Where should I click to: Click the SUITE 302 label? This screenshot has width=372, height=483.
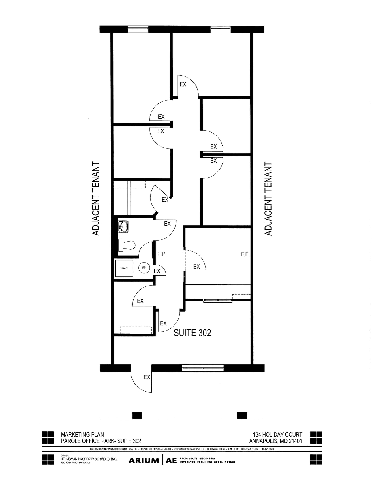192,333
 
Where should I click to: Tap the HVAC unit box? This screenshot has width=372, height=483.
124,268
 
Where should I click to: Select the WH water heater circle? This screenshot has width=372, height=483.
144,267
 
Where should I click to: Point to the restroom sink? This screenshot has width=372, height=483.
123,227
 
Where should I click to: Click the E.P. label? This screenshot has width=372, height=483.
162,254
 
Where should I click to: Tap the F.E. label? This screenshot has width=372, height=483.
245,254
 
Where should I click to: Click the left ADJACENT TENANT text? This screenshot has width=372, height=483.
96,199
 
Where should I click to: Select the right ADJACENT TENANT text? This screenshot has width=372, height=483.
268,199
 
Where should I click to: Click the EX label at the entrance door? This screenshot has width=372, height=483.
147,377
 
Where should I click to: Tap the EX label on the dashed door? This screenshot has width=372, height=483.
196,267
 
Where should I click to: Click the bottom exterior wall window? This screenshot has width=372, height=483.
203,368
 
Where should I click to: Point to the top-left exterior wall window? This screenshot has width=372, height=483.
138,29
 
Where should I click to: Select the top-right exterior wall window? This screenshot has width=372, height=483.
221,29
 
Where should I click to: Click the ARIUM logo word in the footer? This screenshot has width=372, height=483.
144,460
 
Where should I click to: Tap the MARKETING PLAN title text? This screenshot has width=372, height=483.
82,434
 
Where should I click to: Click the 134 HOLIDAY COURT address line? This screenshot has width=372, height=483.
277,434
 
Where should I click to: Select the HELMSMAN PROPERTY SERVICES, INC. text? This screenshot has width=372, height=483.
89,459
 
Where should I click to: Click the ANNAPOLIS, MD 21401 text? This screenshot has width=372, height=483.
275,441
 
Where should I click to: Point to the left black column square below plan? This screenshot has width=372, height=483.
137,415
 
